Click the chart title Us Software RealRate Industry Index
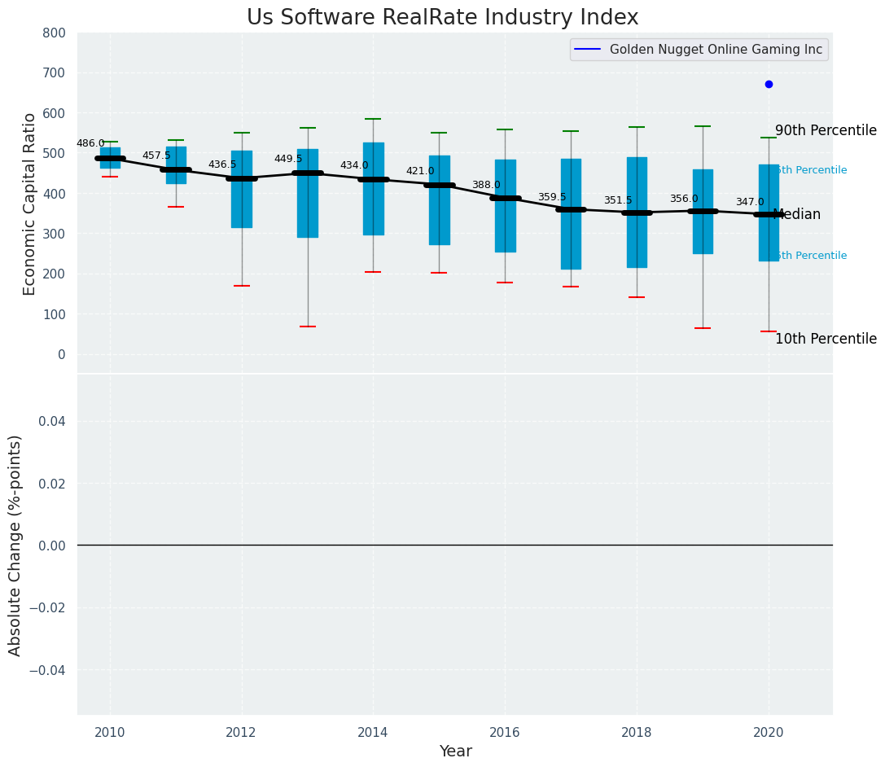[x=442, y=18]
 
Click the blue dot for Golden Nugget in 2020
[x=769, y=84]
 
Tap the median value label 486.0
[x=90, y=143]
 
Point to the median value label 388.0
[x=486, y=185]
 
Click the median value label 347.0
[x=750, y=202]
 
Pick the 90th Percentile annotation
[x=826, y=131]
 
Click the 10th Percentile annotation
[x=826, y=340]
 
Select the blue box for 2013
[x=308, y=193]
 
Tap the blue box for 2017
[x=571, y=213]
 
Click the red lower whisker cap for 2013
[x=308, y=327]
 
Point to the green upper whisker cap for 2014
[x=373, y=119]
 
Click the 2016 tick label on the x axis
[x=505, y=732]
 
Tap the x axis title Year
[x=455, y=752]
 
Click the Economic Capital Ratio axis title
[x=30, y=204]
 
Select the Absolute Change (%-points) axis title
[x=15, y=545]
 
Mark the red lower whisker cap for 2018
[x=637, y=297]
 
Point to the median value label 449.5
[x=288, y=159]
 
